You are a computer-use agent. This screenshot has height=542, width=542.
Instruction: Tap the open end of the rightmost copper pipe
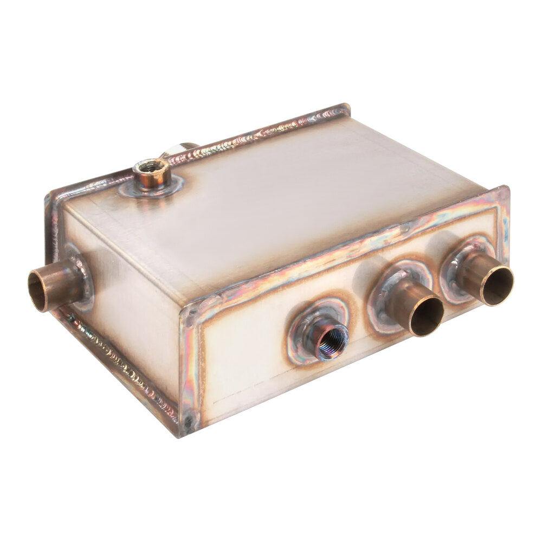[498, 286]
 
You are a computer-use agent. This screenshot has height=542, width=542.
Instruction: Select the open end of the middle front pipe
[427, 316]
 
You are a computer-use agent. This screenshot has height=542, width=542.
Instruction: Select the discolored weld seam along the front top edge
[347, 249]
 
